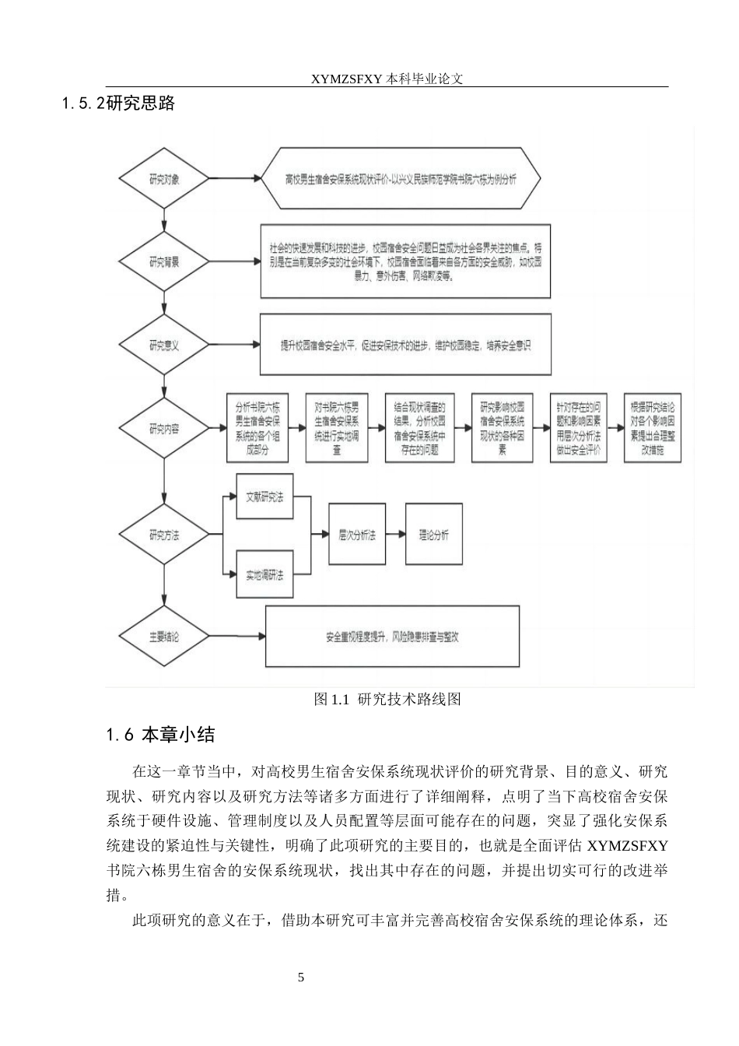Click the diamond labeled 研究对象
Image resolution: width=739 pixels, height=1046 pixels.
(163, 179)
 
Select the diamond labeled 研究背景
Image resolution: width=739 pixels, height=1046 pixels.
(163, 262)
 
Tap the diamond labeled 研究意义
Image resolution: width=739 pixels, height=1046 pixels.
(163, 345)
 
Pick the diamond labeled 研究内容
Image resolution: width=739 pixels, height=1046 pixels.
(163, 428)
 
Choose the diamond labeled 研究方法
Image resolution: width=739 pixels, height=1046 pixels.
(163, 535)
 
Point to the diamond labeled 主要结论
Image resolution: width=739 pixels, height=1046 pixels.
(163, 637)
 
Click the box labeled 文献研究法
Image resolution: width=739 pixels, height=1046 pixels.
(264, 496)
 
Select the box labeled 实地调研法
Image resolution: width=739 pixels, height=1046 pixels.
(264, 575)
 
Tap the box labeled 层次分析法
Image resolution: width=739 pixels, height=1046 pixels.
(357, 535)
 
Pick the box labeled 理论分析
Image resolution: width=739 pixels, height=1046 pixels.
(433, 535)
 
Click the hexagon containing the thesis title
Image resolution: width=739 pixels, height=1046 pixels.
(400, 179)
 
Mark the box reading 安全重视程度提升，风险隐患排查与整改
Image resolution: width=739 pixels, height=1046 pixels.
(392, 637)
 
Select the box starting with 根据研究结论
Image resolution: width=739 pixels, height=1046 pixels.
(653, 428)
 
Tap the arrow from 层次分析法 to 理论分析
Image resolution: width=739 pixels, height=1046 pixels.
(395, 535)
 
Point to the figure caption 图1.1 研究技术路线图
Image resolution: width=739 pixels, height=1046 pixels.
(387, 700)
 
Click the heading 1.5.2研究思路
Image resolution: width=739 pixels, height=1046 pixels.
(118, 104)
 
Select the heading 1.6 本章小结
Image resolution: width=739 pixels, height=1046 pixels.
(159, 734)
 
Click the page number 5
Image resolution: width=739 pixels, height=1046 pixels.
(301, 978)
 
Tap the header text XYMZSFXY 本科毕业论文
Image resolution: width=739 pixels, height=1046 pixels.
(387, 79)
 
